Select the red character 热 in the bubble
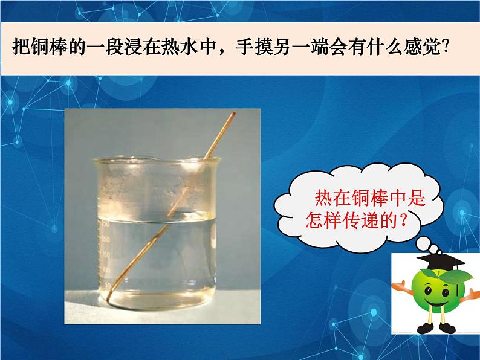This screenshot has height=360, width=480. pos(324,197)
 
